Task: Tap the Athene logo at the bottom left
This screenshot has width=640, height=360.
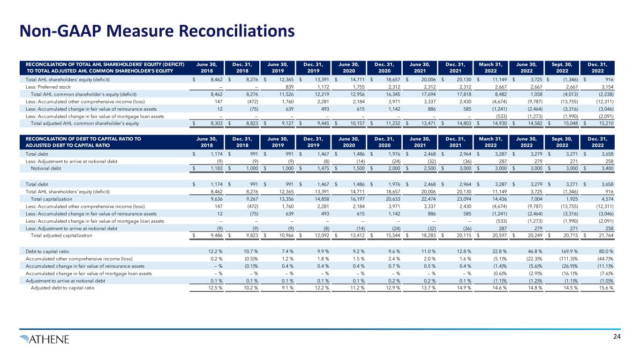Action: [45, 338]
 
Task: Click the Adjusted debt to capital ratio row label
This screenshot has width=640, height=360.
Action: [62, 287]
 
